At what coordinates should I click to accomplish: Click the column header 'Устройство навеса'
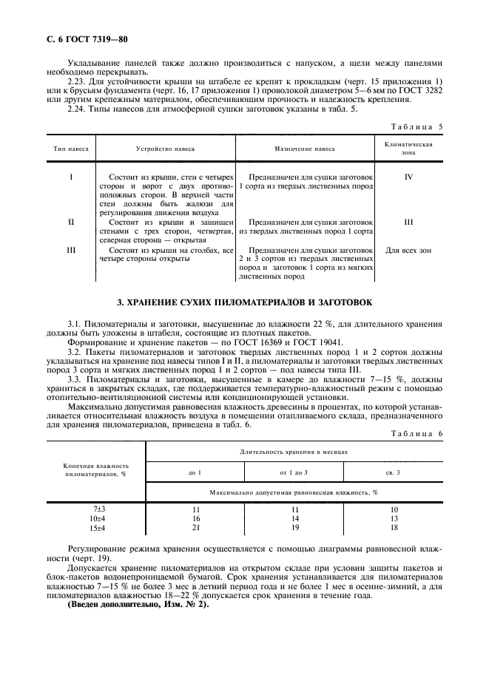166,149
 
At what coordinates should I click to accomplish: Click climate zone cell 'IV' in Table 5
408,178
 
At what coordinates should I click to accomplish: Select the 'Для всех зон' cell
408,251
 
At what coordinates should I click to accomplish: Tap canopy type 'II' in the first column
71,221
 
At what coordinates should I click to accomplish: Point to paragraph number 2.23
78,81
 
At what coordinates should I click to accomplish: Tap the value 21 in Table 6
197,529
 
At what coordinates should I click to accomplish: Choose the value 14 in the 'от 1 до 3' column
294,520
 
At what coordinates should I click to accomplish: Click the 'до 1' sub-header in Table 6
196,472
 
